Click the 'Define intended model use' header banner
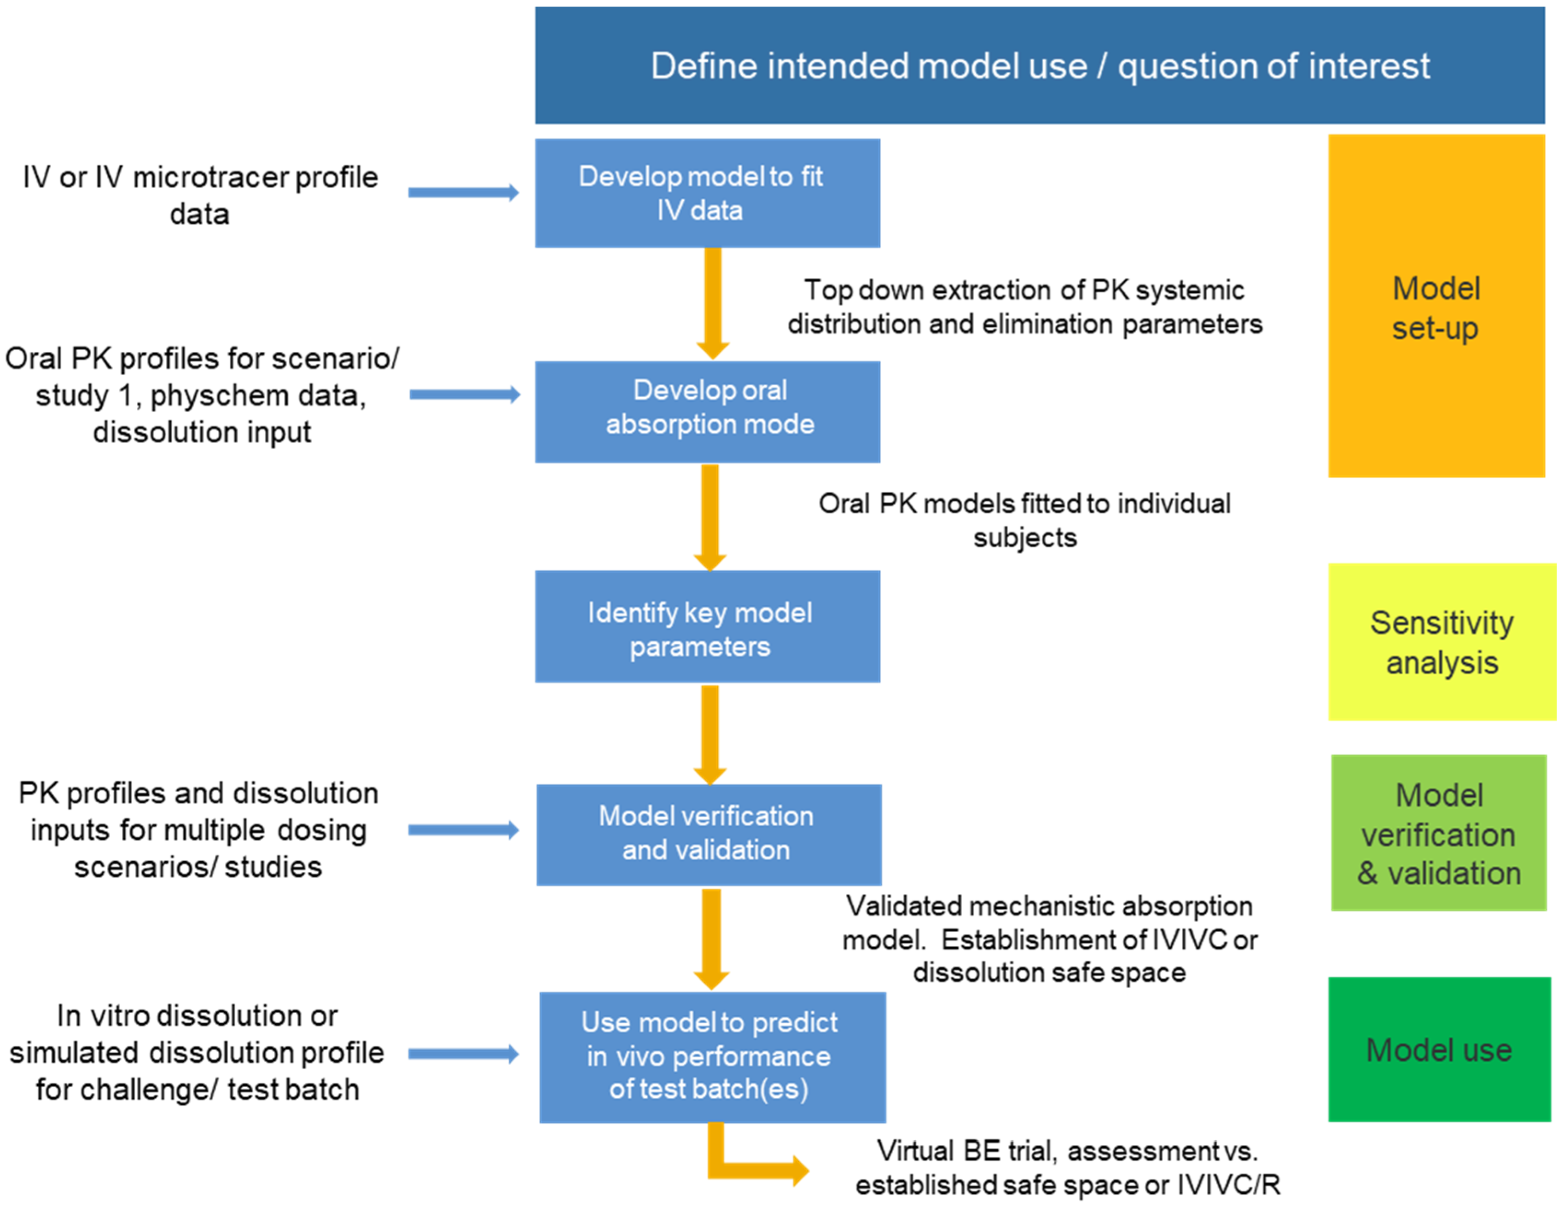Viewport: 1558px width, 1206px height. (x=1040, y=66)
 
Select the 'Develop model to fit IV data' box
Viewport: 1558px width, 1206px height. (x=707, y=193)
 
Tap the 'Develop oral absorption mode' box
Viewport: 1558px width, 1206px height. (x=707, y=412)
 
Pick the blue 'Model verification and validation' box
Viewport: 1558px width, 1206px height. (x=709, y=835)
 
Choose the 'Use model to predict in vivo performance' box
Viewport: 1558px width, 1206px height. (x=712, y=1056)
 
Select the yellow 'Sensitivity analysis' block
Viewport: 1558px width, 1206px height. (x=1441, y=641)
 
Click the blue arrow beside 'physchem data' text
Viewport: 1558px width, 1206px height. (x=465, y=394)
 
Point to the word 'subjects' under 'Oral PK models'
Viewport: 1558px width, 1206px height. (x=1024, y=538)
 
